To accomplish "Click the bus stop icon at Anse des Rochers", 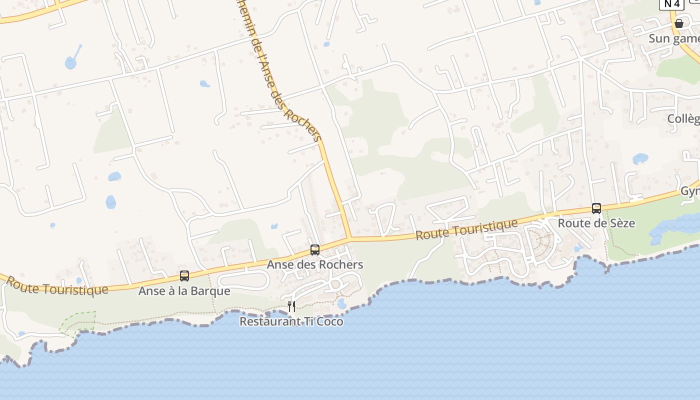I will click(315, 250).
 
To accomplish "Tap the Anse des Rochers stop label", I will click(315, 264).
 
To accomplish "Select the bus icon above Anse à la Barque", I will click(184, 276).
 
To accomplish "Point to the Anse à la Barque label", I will click(184, 291).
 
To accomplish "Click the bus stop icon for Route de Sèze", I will click(596, 208).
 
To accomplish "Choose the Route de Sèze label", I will click(596, 223).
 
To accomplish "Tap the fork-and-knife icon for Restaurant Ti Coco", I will click(291, 306).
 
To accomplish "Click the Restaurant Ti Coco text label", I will click(291, 321).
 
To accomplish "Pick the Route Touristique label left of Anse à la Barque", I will click(57, 285).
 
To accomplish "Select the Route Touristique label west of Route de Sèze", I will click(466, 229).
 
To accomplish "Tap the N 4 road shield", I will click(671, 4).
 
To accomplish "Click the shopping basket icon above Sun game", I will click(679, 23).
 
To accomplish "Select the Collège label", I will click(684, 118).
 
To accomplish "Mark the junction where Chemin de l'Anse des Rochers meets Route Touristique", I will click(349, 239).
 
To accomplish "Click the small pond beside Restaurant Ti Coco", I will click(342, 303).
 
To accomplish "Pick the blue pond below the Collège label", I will click(640, 159).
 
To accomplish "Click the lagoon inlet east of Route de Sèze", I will click(670, 227).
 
